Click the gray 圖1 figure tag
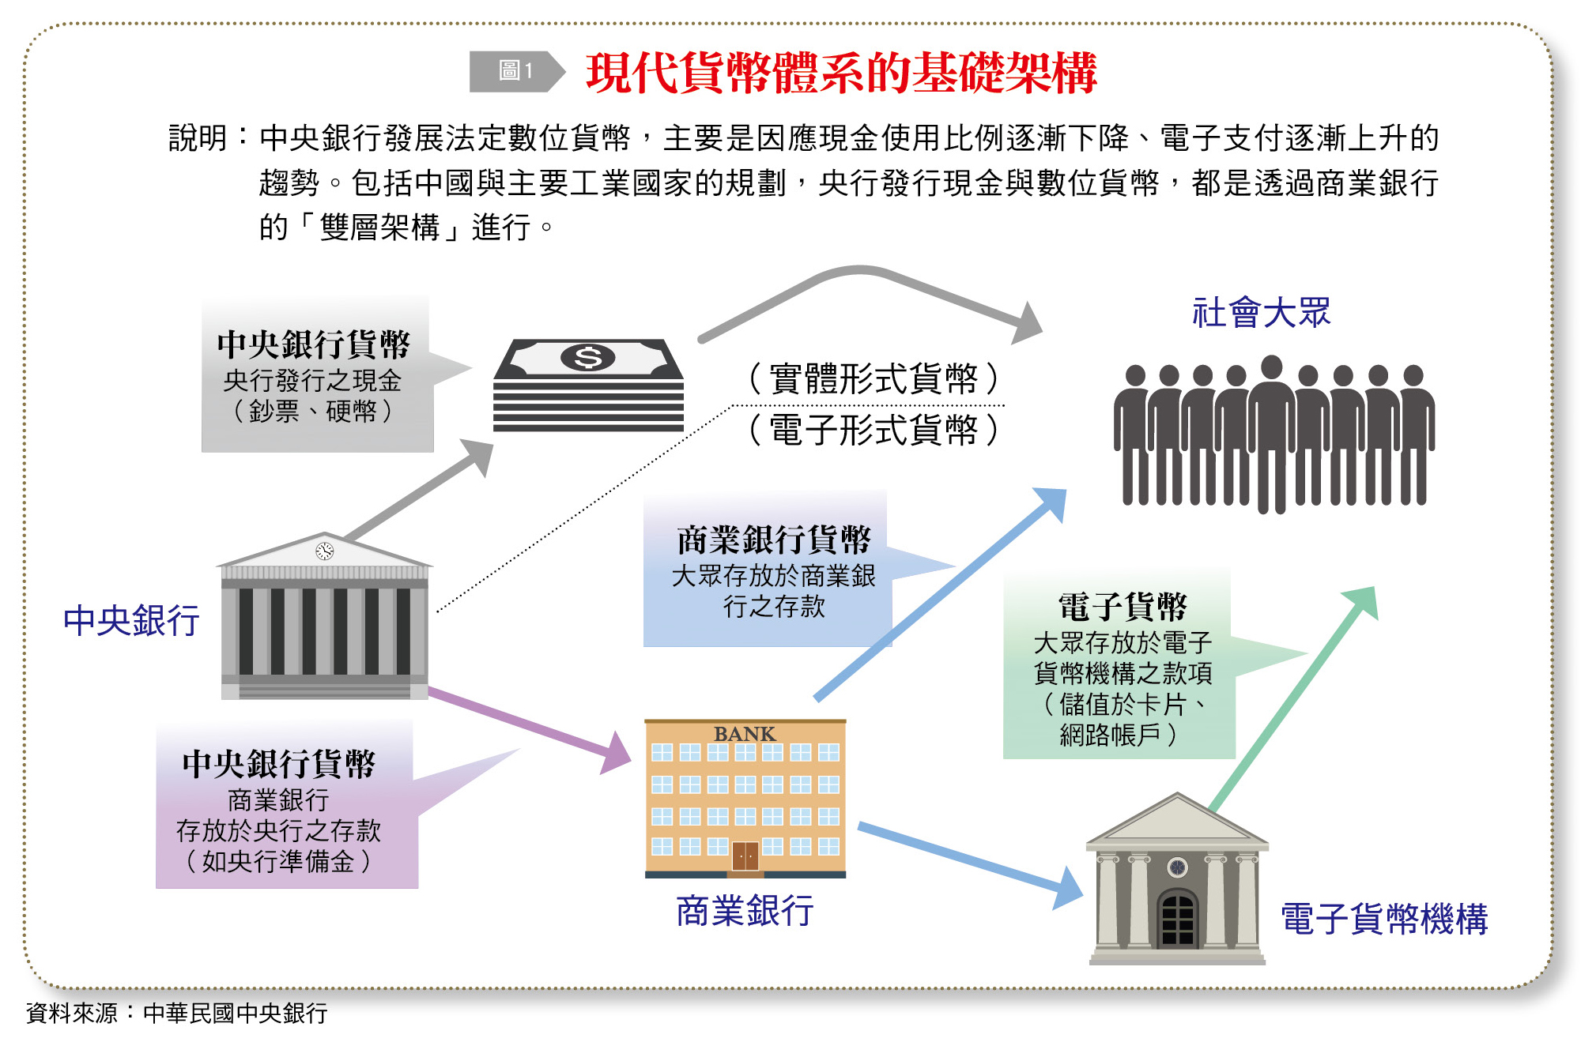(x=515, y=72)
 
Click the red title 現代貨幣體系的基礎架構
(x=841, y=73)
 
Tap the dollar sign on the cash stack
(x=587, y=358)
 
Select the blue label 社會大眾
(x=1261, y=313)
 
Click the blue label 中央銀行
(x=131, y=620)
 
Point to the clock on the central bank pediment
(x=324, y=551)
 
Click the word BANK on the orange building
(x=745, y=734)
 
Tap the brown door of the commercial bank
(x=745, y=856)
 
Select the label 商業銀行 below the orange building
(x=745, y=911)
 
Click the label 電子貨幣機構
(x=1384, y=919)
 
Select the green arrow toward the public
(x=1296, y=695)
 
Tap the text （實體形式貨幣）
(x=874, y=379)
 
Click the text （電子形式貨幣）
(x=874, y=431)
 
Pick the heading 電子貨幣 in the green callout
(x=1123, y=607)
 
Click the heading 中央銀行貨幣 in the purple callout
(x=278, y=764)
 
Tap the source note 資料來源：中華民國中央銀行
(x=176, y=1013)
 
